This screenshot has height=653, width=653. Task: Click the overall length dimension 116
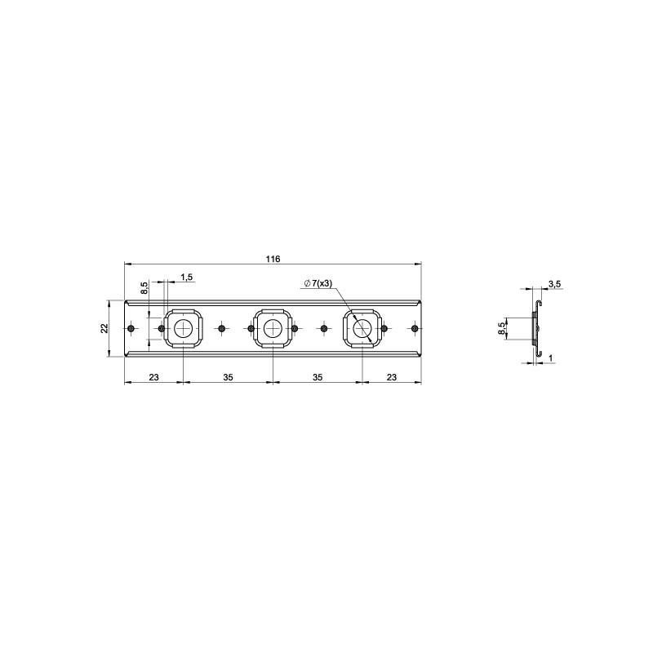tap(273, 259)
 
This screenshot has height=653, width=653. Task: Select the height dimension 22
tap(104, 328)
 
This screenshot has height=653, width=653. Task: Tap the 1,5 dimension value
tap(187, 277)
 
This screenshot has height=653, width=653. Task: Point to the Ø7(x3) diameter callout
tap(318, 283)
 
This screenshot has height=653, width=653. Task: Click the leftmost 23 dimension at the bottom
tap(153, 377)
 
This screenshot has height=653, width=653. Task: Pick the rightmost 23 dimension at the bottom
tap(392, 377)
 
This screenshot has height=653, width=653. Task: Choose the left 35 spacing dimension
tap(228, 377)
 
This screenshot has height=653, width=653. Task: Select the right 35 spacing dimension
tap(318, 377)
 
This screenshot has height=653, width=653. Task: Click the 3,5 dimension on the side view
tap(554, 284)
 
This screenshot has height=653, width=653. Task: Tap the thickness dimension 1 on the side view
tap(550, 358)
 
